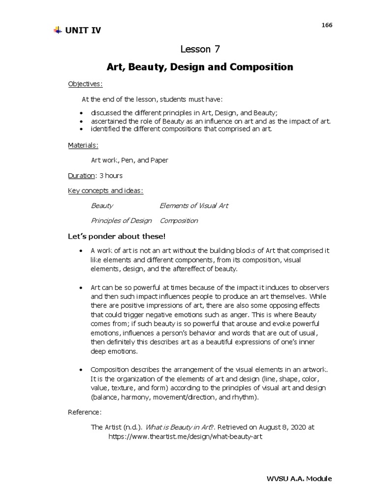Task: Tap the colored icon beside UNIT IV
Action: point(57,31)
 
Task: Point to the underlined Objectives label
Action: point(85,84)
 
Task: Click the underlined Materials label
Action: point(83,145)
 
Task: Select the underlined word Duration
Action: point(81,176)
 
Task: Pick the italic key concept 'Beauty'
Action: point(102,206)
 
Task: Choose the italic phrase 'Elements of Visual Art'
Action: point(194,206)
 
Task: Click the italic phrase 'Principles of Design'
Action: point(122,220)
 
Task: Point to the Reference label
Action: point(85,412)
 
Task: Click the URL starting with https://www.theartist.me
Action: point(183,437)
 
